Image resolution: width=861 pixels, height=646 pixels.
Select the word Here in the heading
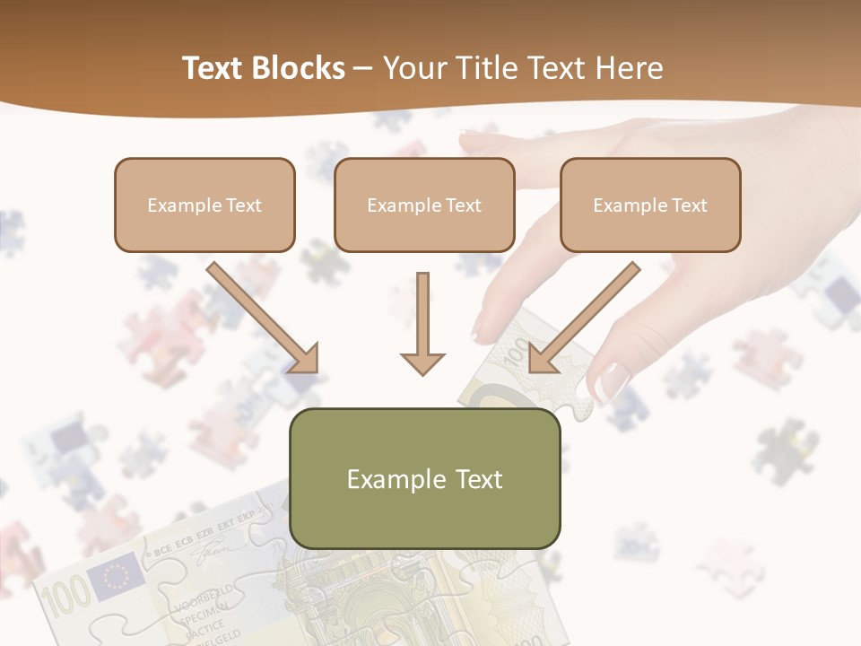pyautogui.click(x=628, y=68)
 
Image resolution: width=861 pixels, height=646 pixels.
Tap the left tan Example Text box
pyautogui.click(x=204, y=205)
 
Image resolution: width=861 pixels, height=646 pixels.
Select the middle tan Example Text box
pyautogui.click(x=424, y=205)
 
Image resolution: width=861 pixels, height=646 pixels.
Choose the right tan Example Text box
pyautogui.click(x=650, y=205)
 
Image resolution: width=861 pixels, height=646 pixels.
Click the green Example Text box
pyautogui.click(x=424, y=478)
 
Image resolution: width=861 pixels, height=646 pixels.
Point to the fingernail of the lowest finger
pyautogui.click(x=613, y=382)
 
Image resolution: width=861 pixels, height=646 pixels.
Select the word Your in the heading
pyautogui.click(x=414, y=68)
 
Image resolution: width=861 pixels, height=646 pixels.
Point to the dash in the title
pyautogui.click(x=363, y=69)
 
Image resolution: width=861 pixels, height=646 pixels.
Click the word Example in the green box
pyautogui.click(x=391, y=479)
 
